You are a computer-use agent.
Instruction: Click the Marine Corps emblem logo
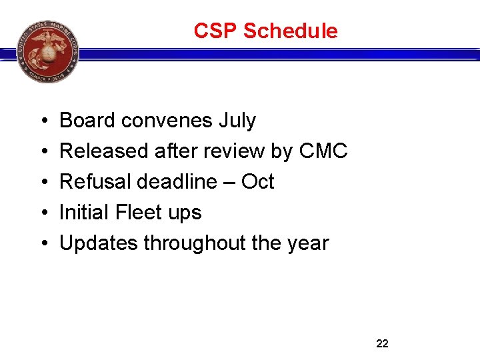click(48, 51)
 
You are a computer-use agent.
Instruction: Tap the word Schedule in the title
click(291, 31)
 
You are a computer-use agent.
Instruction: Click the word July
click(237, 121)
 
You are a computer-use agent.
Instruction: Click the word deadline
click(173, 182)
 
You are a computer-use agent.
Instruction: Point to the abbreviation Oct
click(257, 182)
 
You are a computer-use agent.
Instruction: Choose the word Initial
click(84, 213)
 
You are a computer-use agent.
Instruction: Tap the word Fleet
click(139, 213)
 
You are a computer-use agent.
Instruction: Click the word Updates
click(98, 243)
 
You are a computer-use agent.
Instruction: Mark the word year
click(309, 243)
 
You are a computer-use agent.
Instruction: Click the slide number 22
click(382, 343)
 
